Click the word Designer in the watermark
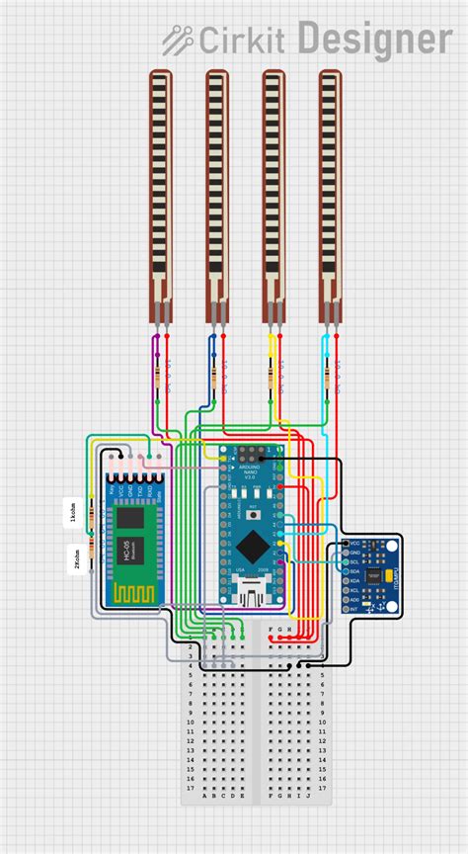point(374,41)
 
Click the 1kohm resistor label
point(71,513)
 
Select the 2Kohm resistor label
point(71,560)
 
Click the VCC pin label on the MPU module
point(355,544)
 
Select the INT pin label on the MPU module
point(355,609)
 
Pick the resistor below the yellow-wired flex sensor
point(272,377)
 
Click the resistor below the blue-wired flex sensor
point(215,377)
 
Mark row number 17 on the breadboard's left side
point(189,787)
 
